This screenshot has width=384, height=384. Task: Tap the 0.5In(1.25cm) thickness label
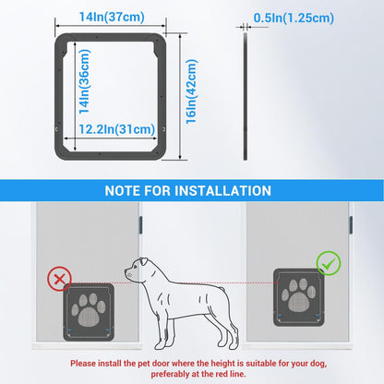pos(294,18)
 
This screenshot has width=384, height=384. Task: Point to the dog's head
pos(140,269)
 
